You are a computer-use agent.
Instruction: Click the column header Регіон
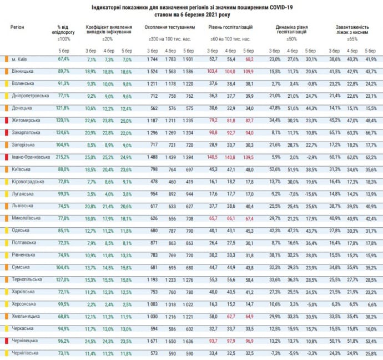17,27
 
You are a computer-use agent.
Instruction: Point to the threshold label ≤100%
64,39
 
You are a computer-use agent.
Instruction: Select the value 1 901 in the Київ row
189,59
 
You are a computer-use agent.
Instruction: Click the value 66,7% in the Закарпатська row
371,132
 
